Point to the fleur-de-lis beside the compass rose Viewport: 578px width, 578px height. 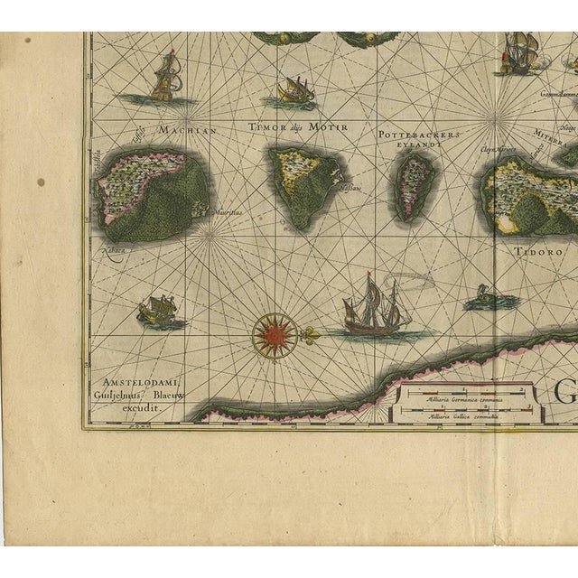tap(311, 335)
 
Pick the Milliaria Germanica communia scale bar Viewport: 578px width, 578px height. tap(464, 393)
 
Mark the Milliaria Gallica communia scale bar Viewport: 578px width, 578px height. tap(464, 413)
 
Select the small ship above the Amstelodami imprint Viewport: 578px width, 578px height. tap(156, 311)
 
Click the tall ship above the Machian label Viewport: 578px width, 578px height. tap(165, 78)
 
